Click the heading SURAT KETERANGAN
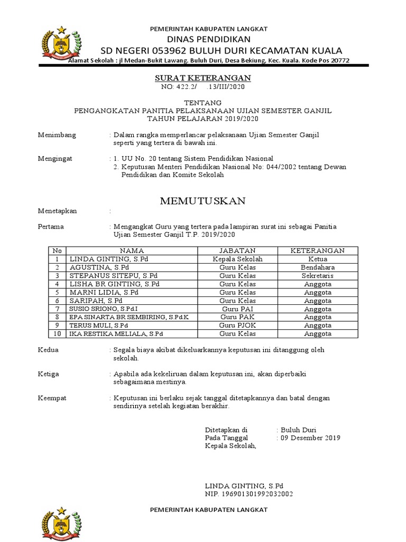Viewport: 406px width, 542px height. tap(202, 78)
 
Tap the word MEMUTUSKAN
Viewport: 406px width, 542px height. tap(203, 201)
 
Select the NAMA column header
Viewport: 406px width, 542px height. tap(132, 250)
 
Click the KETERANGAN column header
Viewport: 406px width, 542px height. tap(317, 250)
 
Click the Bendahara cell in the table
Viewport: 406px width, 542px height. tap(317, 267)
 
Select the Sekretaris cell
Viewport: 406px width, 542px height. tap(317, 276)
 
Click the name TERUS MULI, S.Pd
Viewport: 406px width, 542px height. tap(99, 325)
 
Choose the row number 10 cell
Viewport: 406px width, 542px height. tap(57, 333)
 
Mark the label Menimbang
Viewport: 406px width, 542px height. tap(57, 135)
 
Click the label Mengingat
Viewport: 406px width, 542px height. tap(56, 158)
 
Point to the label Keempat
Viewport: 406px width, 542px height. tap(53, 398)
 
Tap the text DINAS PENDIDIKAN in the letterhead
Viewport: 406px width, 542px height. tap(209, 39)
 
